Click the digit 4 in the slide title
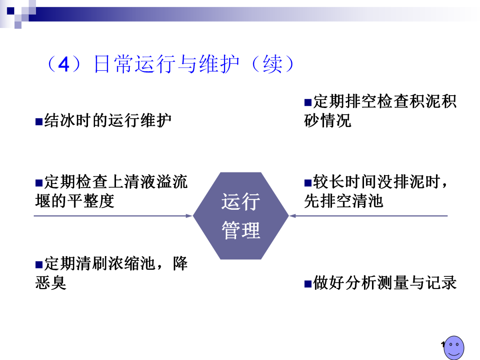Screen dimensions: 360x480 65,65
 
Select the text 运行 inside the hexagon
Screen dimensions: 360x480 240,202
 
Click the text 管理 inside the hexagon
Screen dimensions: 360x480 240,230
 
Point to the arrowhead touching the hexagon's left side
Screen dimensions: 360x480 189,216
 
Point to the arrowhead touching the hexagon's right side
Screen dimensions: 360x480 292,216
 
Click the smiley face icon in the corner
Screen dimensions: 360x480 454,347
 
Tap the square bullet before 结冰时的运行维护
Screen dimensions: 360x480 39,121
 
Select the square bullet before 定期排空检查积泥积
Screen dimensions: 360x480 308,103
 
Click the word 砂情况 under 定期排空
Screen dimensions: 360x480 328,120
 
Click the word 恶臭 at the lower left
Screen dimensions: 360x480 51,283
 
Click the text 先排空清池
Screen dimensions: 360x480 343,201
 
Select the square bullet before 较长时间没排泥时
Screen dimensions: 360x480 308,183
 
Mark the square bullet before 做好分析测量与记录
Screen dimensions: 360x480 308,283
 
